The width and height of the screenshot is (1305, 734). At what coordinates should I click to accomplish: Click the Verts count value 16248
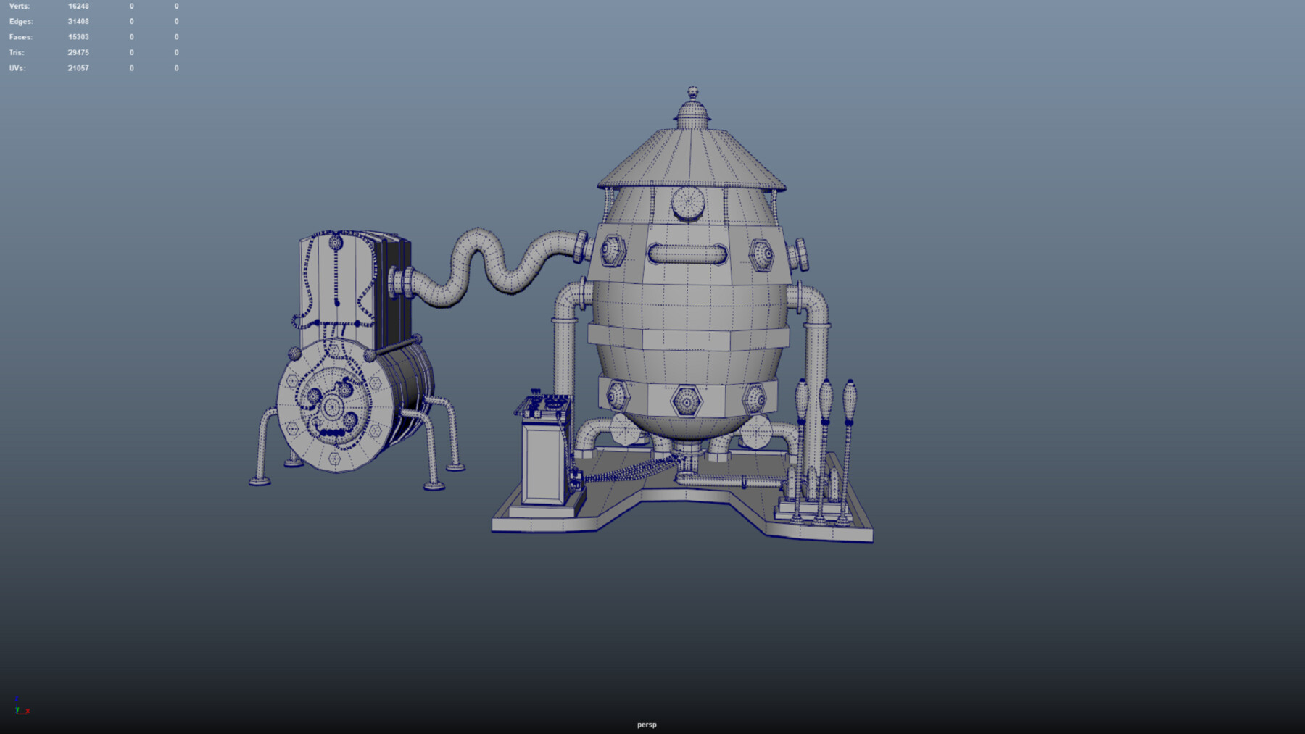click(78, 7)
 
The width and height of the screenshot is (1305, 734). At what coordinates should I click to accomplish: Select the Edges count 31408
click(78, 22)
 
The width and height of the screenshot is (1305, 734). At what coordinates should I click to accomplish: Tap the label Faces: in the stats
click(20, 37)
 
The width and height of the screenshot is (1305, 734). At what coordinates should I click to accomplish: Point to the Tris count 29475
click(78, 53)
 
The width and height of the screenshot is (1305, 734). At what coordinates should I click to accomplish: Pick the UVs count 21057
click(78, 68)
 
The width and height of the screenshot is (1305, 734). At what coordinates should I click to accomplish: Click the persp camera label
click(647, 725)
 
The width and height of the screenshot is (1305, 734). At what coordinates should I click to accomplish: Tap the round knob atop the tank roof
click(692, 93)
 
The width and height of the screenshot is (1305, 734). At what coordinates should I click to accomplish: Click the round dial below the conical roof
click(688, 203)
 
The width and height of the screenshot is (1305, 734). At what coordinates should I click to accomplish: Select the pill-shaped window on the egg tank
click(687, 254)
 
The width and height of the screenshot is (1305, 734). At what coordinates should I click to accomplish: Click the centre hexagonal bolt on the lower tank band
click(686, 400)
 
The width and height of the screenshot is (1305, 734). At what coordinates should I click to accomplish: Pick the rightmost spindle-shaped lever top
click(850, 396)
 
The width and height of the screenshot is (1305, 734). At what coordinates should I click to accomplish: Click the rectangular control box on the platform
click(544, 462)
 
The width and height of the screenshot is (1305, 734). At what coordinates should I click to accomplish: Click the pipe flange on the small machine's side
click(401, 283)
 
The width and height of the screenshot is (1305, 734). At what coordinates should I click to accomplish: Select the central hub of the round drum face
click(332, 408)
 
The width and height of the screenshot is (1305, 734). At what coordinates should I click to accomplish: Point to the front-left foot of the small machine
click(260, 480)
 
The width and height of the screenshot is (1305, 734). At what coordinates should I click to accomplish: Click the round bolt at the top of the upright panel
click(336, 243)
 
